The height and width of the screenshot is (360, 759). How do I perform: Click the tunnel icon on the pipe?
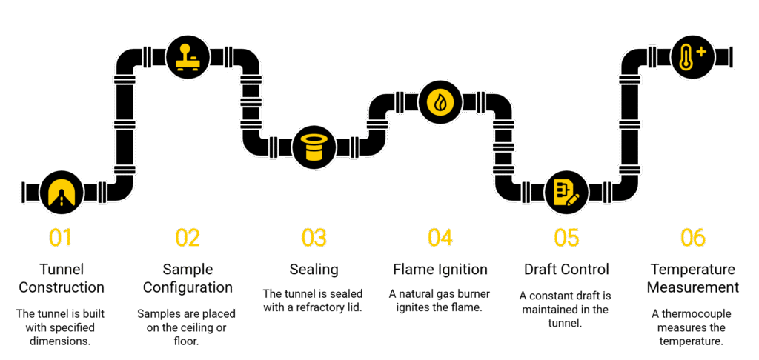61,193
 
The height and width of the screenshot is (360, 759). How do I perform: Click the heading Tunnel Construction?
61,277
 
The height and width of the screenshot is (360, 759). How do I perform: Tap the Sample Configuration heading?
188,277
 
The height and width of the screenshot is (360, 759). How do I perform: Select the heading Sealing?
314,268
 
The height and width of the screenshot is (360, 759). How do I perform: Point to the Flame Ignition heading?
440,268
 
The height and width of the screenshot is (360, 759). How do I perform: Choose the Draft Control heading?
566,268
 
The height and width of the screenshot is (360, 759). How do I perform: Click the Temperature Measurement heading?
693,277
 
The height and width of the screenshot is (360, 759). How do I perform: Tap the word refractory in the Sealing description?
320,307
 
